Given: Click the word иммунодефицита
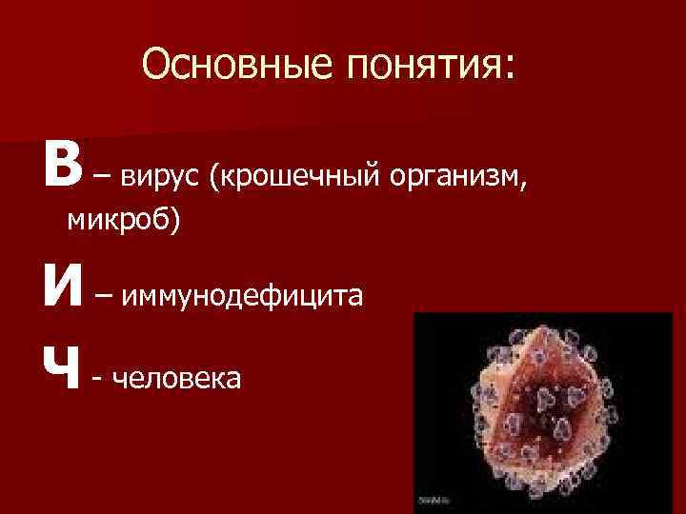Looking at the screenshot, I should click(x=242, y=296).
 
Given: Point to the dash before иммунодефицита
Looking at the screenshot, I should click(x=104, y=295).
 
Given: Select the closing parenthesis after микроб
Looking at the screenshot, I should click(x=177, y=221).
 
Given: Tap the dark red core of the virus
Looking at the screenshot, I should click(x=534, y=409).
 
